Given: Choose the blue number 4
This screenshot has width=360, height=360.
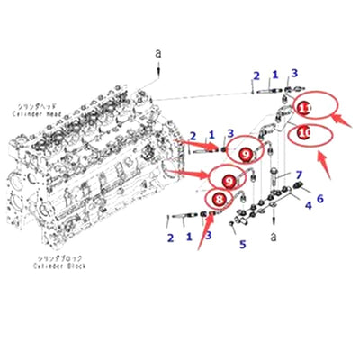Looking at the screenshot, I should click(x=308, y=207).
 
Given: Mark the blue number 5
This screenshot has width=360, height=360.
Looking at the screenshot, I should click(x=240, y=244).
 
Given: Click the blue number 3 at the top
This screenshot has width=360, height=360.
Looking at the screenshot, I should click(x=293, y=73).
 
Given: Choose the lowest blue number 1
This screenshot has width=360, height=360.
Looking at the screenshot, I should click(x=189, y=236).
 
